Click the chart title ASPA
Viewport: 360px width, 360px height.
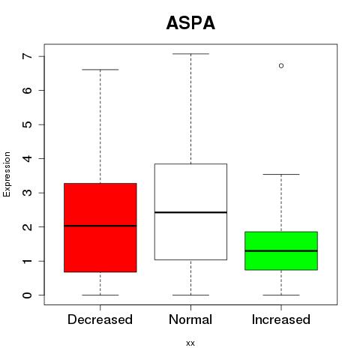pyautogui.click(x=190, y=23)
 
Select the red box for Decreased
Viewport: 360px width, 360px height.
pyautogui.click(x=100, y=227)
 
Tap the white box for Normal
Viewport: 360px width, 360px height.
pyautogui.click(x=190, y=211)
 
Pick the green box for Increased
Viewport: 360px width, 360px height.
pyautogui.click(x=281, y=250)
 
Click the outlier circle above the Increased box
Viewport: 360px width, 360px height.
pyautogui.click(x=281, y=66)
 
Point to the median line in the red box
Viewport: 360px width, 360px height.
pyautogui.click(x=100, y=226)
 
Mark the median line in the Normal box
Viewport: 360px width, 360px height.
pyautogui.click(x=190, y=212)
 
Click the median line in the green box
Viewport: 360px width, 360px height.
pyautogui.click(x=281, y=250)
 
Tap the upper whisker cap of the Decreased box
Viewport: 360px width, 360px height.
pyautogui.click(x=100, y=70)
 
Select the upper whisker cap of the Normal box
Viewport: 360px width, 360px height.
pyautogui.click(x=190, y=54)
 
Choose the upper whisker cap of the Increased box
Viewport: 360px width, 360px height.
pyautogui.click(x=281, y=174)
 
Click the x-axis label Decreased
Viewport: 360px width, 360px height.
pyautogui.click(x=100, y=319)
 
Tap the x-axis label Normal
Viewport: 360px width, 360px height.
pyautogui.click(x=190, y=319)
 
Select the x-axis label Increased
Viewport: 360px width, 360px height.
pyautogui.click(x=281, y=319)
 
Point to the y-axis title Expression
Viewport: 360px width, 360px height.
pyautogui.click(x=7, y=174)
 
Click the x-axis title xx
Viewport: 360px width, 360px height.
pyautogui.click(x=190, y=343)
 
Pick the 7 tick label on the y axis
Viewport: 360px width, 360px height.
pyautogui.click(x=28, y=56)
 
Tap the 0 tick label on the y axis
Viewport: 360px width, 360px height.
pyautogui.click(x=28, y=295)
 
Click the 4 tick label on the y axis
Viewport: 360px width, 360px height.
pyautogui.click(x=28, y=158)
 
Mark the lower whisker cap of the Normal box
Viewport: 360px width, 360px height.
pyautogui.click(x=190, y=295)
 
